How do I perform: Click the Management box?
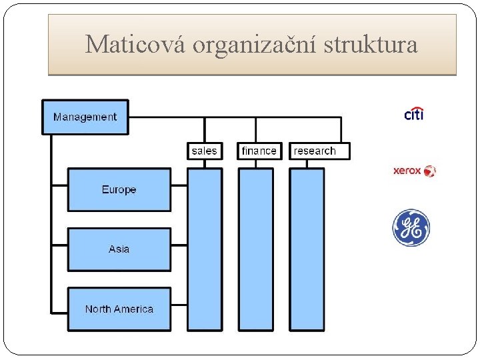coord(85,117)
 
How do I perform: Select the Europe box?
coord(119,190)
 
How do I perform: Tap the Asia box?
coord(119,249)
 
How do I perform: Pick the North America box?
coord(119,309)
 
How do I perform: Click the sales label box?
coord(204,151)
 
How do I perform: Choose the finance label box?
coord(259,151)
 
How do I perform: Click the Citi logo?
coord(414,114)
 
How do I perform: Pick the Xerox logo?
coord(414,171)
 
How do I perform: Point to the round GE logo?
coord(411,228)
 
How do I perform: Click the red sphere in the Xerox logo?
coord(430,171)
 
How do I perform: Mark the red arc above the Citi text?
coord(417,108)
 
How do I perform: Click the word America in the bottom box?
coord(133,309)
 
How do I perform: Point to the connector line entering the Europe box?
coord(59,190)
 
